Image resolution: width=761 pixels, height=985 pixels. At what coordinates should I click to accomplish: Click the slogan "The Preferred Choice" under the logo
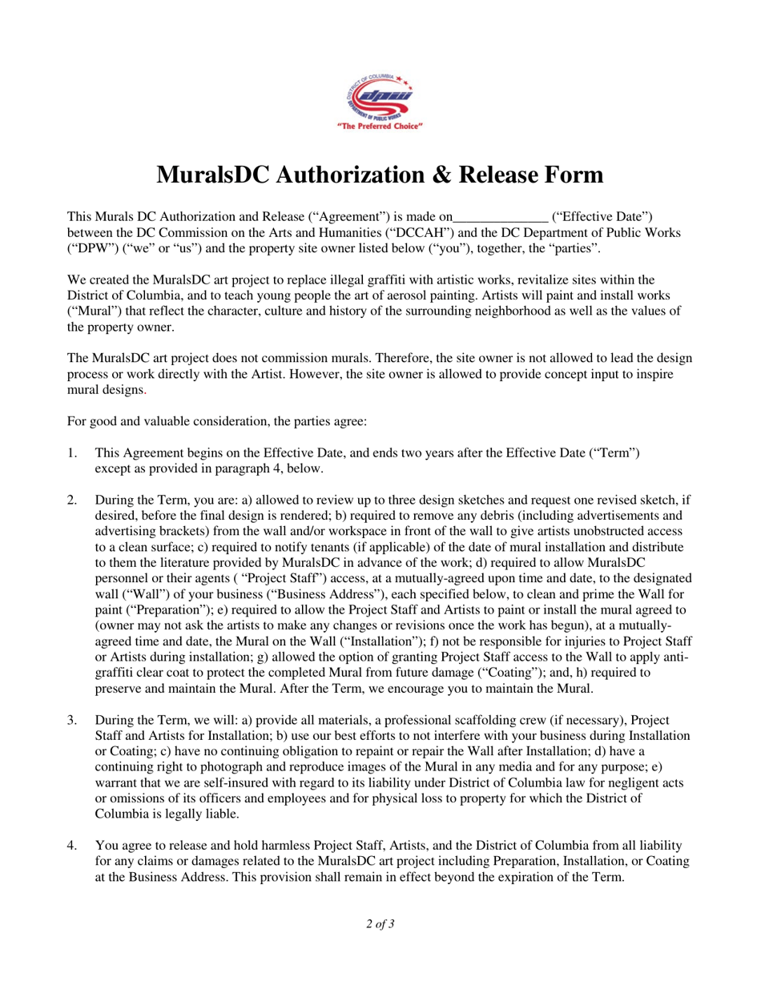coord(380,127)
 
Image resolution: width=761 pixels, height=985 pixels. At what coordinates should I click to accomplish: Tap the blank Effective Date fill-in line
coord(501,216)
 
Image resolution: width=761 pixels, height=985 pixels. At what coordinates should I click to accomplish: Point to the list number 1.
coord(72,452)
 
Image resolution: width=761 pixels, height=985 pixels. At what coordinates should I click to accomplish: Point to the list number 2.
coord(72,500)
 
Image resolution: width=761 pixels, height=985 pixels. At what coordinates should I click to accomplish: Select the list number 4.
coord(72,845)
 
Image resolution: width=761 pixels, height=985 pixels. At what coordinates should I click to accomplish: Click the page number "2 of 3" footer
coord(380,924)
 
